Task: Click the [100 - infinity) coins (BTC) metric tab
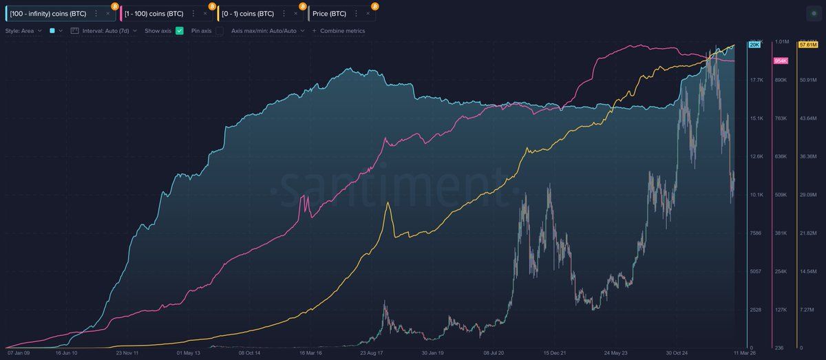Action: click(x=48, y=13)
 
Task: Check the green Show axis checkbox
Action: click(x=180, y=31)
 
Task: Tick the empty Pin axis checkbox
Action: click(x=220, y=31)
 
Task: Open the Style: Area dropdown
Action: click(x=24, y=31)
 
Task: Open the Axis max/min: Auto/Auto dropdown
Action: click(x=267, y=31)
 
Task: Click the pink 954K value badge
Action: click(x=781, y=61)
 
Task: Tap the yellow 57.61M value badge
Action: click(x=807, y=45)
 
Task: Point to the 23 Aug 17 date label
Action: click(x=371, y=353)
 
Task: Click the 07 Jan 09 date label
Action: click(x=19, y=353)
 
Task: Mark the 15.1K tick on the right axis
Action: click(x=756, y=118)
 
